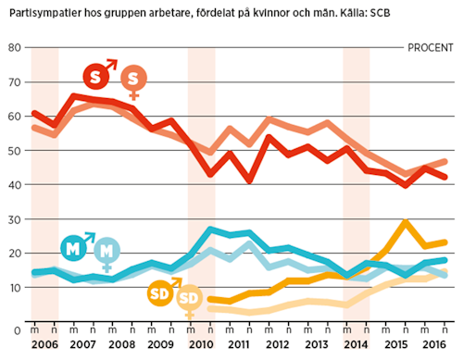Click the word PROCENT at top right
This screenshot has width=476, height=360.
click(x=432, y=47)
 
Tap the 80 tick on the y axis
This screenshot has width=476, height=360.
click(x=13, y=47)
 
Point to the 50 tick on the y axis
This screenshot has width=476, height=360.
click(x=13, y=150)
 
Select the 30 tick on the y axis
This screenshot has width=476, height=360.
click(x=13, y=218)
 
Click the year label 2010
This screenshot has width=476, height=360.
click(x=201, y=344)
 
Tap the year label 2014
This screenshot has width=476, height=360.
click(x=357, y=344)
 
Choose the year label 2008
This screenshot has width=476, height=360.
click(x=123, y=344)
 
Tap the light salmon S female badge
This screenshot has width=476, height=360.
click(x=133, y=78)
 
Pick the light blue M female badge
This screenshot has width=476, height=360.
click(x=107, y=250)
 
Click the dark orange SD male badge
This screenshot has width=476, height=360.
click(x=161, y=294)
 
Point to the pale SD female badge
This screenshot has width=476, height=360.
click(x=189, y=298)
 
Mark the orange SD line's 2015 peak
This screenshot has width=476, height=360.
click(x=405, y=222)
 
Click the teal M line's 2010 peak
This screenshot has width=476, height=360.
click(x=211, y=229)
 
